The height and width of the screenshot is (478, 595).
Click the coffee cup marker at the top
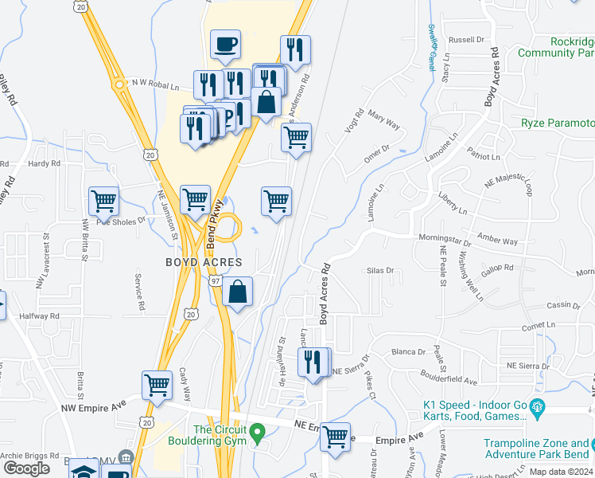point(225,45)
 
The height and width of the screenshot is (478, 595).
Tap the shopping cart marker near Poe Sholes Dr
point(103,202)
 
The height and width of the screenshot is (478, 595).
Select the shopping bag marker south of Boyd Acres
point(238,292)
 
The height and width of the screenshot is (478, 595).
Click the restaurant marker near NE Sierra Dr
point(313,362)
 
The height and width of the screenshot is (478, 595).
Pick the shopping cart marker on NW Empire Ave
point(157,385)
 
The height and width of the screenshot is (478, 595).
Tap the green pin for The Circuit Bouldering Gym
point(256,433)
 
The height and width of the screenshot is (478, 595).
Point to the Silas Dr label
point(379,271)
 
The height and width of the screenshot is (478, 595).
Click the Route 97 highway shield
point(216,281)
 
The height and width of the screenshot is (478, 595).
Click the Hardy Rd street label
point(44,163)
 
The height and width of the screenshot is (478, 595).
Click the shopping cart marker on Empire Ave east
point(335,437)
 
